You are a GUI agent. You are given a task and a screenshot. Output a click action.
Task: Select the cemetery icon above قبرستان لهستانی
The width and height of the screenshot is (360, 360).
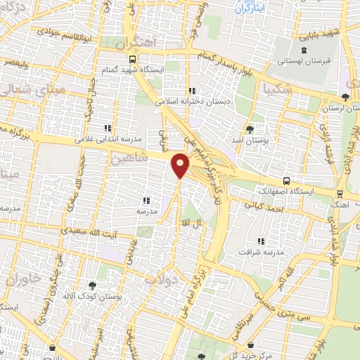coord(303,50)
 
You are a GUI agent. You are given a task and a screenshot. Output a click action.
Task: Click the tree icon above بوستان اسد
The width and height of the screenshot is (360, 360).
coord(250,129)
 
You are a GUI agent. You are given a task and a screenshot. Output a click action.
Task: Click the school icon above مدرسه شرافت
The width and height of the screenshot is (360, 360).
coord(261,240)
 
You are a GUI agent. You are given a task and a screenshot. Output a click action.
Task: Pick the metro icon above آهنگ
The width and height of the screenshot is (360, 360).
coord(340,194)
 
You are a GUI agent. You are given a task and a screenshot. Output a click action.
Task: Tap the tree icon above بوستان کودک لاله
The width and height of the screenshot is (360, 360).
coord(91,285)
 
